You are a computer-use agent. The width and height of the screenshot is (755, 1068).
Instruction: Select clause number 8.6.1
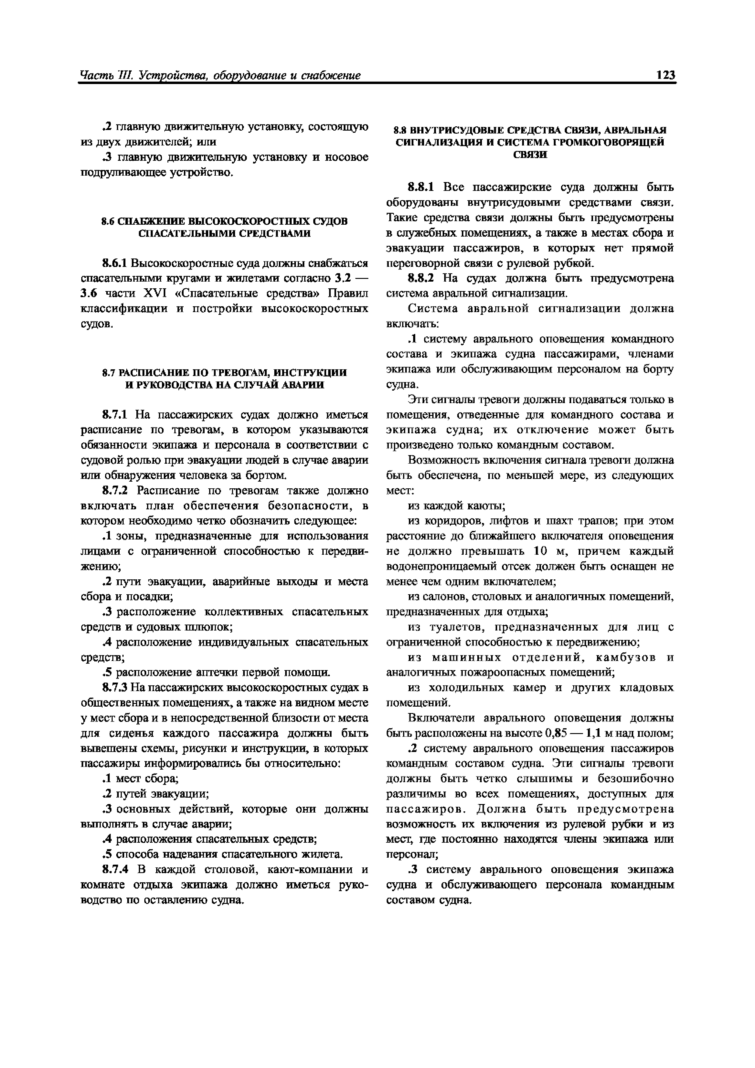pos(114,263)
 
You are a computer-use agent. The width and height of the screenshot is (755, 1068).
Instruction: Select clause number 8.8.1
pos(420,188)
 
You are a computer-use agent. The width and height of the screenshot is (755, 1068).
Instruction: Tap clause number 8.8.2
pos(420,278)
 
